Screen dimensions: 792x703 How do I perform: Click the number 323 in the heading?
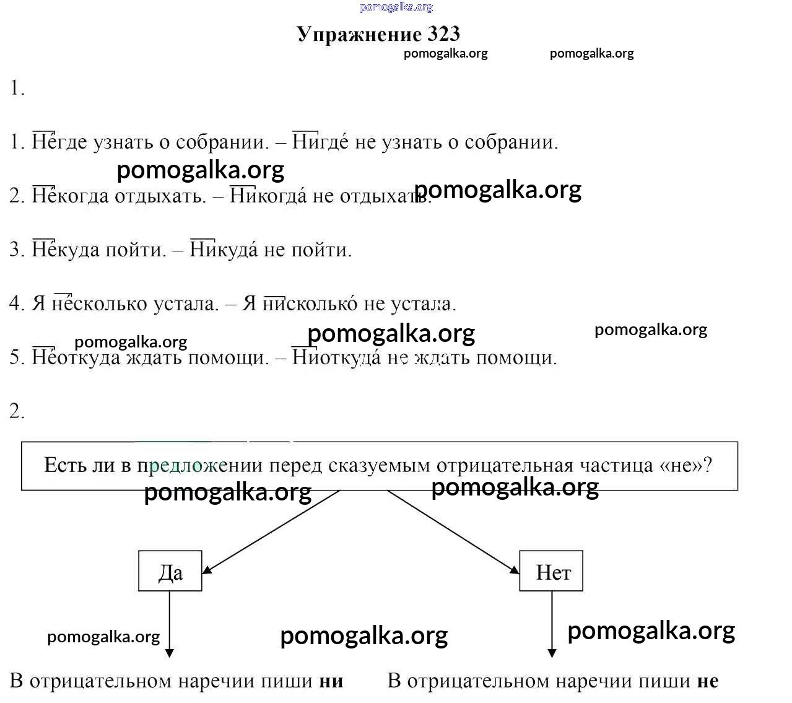click(443, 34)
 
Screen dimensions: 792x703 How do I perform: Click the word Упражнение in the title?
click(359, 35)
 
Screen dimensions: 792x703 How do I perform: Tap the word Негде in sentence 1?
click(59, 142)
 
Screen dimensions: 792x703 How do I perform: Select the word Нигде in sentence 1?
click(320, 142)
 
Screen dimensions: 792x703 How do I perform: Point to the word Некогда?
click(71, 196)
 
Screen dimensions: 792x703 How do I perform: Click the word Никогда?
click(268, 196)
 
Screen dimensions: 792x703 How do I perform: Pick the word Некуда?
click(66, 250)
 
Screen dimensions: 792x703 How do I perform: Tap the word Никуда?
click(224, 250)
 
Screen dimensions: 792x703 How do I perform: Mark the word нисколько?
click(310, 303)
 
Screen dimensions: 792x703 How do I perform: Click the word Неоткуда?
click(76, 357)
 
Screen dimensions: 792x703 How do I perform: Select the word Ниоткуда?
click(336, 357)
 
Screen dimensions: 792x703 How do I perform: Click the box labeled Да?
click(170, 570)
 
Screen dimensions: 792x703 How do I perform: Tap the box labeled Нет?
click(550, 570)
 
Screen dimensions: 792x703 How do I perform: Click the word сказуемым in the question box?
click(379, 466)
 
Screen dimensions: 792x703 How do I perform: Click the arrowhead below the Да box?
click(169, 653)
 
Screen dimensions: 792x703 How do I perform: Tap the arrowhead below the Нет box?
click(552, 653)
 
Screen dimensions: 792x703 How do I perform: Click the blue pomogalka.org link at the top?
click(396, 7)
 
